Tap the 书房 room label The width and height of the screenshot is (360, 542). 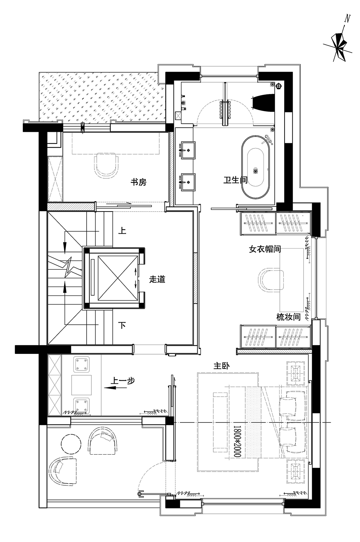click(139, 182)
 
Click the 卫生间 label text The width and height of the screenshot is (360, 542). click(235, 180)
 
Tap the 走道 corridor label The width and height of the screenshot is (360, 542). click(157, 279)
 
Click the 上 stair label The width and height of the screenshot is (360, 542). click(122, 231)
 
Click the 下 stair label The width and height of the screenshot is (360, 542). click(122, 326)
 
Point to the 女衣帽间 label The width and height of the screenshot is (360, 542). click(265, 249)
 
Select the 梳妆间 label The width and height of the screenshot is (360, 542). click(289, 318)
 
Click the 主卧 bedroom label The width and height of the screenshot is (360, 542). click(221, 366)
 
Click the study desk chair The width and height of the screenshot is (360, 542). click(107, 165)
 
